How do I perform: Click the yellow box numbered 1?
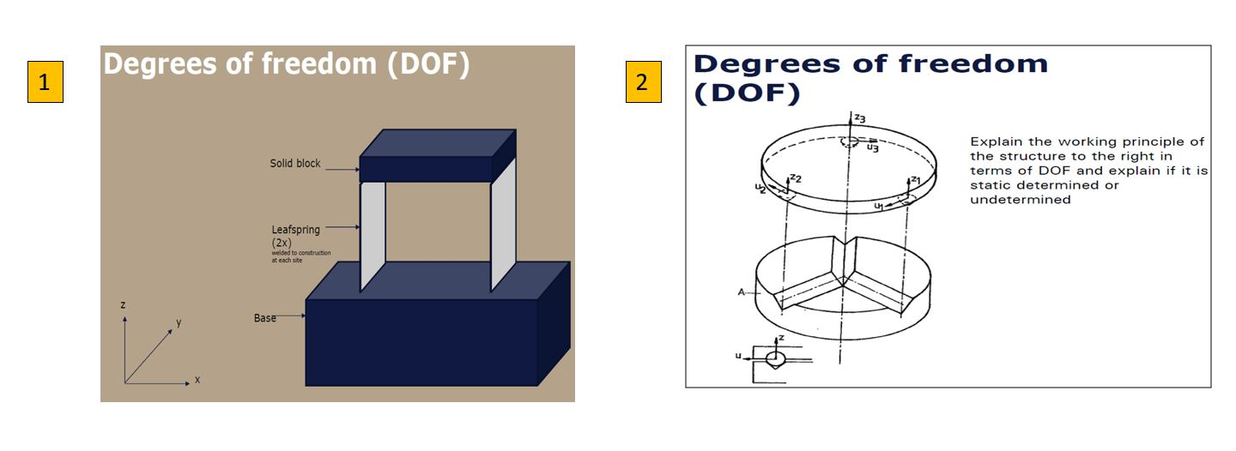[x=45, y=82]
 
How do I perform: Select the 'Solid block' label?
[x=294, y=163]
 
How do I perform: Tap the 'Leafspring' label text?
[x=295, y=229]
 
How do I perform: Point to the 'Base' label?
[x=264, y=318]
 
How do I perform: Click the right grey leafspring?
[x=503, y=229]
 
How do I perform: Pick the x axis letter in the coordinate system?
[x=197, y=379]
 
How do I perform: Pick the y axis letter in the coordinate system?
[x=179, y=322]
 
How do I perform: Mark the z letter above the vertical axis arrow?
[x=124, y=304]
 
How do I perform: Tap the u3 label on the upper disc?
[x=872, y=147]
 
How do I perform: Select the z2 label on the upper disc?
[x=796, y=178]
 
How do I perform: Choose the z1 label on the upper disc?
[x=915, y=180]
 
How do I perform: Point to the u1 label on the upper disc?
[x=879, y=207]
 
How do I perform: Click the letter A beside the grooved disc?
[x=741, y=292]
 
